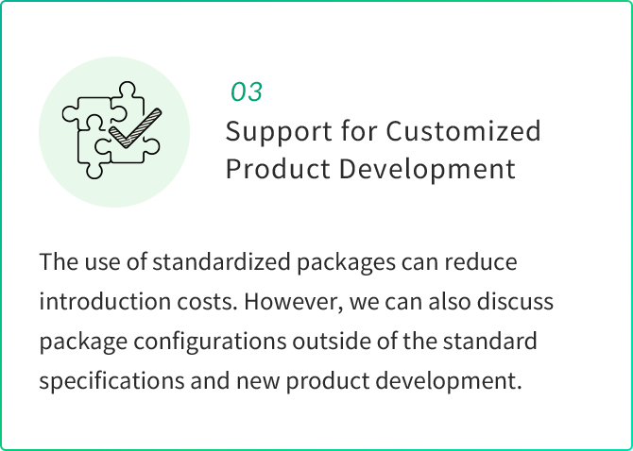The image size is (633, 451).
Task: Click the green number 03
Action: (247, 92)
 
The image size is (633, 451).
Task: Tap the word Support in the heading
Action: (279, 133)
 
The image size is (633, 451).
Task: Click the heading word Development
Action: (427, 169)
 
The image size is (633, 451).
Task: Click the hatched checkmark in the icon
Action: (135, 128)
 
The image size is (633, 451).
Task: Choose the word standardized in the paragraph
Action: (221, 262)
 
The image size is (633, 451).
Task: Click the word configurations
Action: (210, 341)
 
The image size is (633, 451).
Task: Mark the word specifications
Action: (111, 381)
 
